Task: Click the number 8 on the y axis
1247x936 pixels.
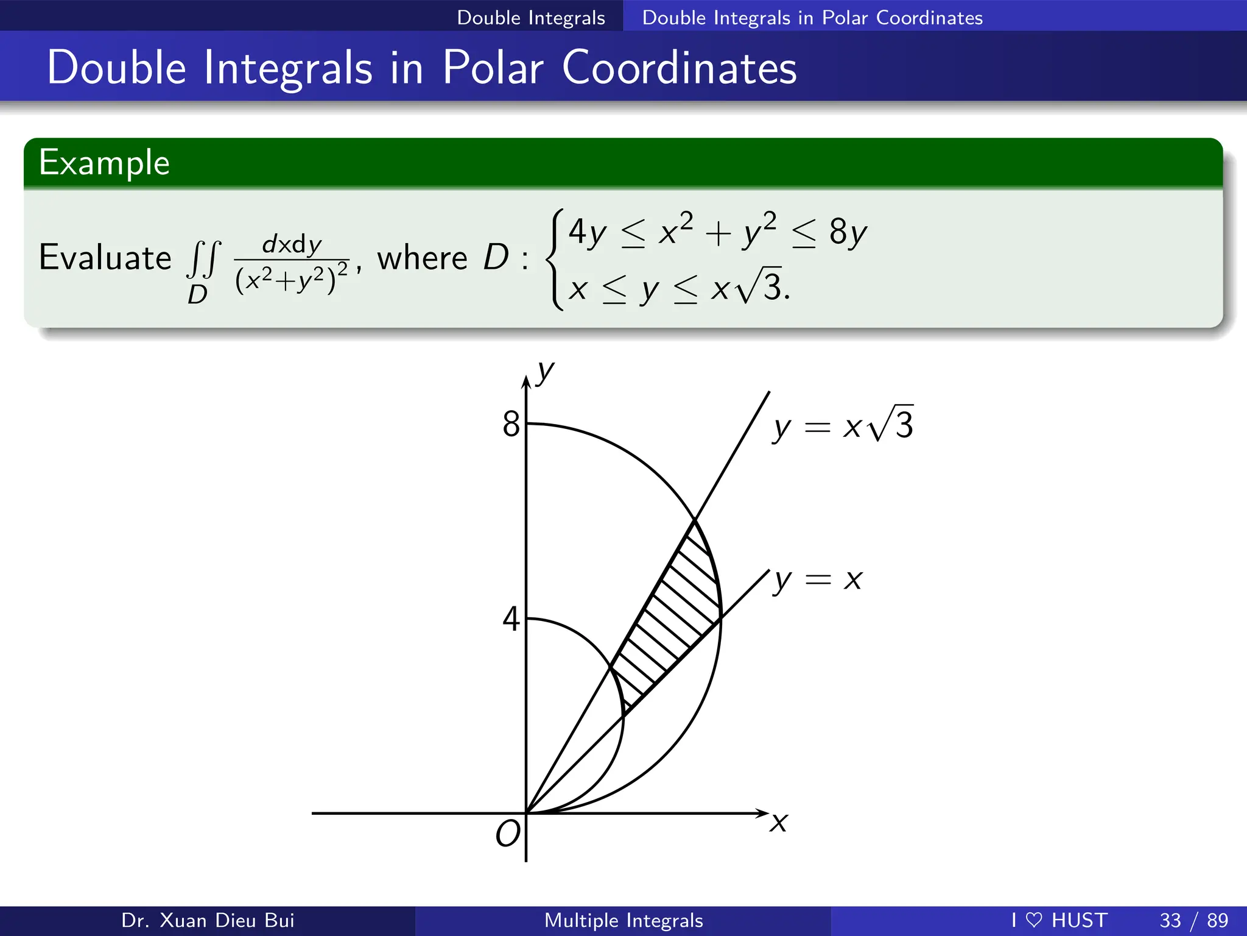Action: (511, 424)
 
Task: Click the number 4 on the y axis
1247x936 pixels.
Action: (511, 619)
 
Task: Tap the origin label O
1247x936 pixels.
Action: (508, 834)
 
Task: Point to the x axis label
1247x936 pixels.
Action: (778, 823)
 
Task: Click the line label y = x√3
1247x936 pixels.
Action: (843, 425)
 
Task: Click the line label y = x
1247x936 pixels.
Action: (818, 580)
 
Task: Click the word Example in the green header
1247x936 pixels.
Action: (104, 163)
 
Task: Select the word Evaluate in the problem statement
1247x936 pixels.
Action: (105, 257)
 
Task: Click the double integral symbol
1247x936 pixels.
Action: (203, 259)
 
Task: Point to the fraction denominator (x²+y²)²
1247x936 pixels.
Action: (291, 280)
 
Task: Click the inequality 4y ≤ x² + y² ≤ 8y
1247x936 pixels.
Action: (717, 232)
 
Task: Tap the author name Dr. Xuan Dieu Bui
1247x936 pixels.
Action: (208, 920)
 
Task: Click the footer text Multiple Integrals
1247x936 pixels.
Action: (623, 920)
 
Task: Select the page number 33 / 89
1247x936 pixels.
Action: (1193, 920)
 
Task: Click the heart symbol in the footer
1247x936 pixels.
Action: (1034, 920)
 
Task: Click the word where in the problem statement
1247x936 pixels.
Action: (422, 258)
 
